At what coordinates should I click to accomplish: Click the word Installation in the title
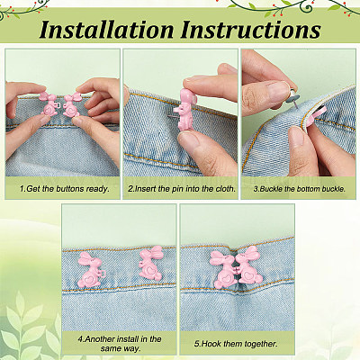(106, 30)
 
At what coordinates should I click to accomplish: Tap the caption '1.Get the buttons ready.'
(65, 189)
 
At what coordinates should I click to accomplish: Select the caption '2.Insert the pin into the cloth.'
(182, 189)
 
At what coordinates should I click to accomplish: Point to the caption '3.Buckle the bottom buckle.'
(300, 189)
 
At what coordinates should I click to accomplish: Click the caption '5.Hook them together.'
(236, 344)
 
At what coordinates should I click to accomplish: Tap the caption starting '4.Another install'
(120, 344)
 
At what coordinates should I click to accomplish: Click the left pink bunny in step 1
(49, 104)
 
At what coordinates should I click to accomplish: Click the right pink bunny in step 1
(71, 105)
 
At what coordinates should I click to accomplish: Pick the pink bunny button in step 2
(186, 110)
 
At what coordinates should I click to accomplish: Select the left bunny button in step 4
(90, 270)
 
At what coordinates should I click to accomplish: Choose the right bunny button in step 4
(151, 263)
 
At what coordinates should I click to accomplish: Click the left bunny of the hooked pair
(223, 270)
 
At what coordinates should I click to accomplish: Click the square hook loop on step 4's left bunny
(103, 274)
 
